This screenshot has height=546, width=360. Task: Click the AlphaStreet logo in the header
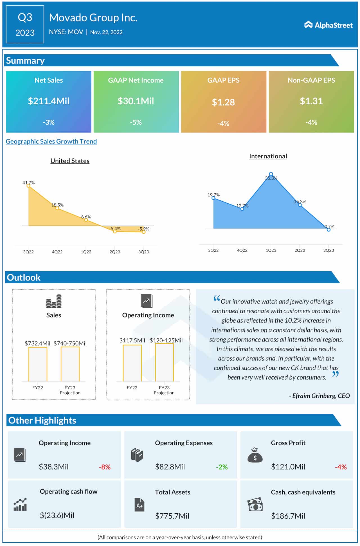pos(328,25)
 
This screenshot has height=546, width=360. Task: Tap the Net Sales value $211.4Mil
pos(49,101)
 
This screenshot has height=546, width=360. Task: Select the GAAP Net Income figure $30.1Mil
pos(136,101)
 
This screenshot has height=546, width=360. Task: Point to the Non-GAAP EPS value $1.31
pos(311,101)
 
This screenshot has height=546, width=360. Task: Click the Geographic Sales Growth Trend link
pos(51,141)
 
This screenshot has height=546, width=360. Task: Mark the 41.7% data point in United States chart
pos(28,186)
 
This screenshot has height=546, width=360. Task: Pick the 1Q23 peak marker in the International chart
pos(271,174)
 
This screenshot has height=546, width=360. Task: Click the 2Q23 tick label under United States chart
pos(115,252)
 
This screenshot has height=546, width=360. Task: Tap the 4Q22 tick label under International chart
pos(242,250)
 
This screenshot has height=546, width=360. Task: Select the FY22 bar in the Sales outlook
pos(38,364)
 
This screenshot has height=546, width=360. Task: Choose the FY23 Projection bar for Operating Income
pos(164,363)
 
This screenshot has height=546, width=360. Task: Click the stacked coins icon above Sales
pos(54,301)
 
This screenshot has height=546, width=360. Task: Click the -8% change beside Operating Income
pos(105,467)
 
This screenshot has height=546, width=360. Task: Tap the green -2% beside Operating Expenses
pos(222,467)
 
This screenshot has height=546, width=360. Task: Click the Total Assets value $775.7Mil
pos(172,516)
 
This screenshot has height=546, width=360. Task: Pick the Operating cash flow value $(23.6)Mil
pos(57,515)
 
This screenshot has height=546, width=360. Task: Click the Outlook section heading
pos(24,277)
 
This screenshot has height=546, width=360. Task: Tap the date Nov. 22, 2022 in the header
pos(106,32)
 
